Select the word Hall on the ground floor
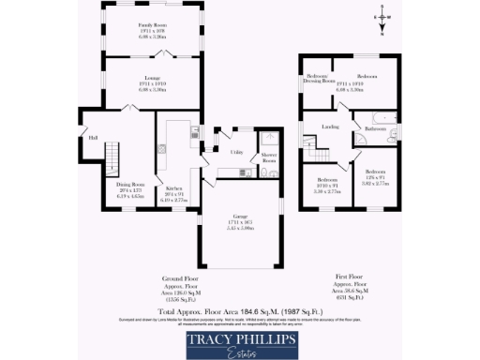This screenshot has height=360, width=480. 93,139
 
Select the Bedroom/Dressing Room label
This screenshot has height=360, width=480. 321,78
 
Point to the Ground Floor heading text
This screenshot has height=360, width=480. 177,278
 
